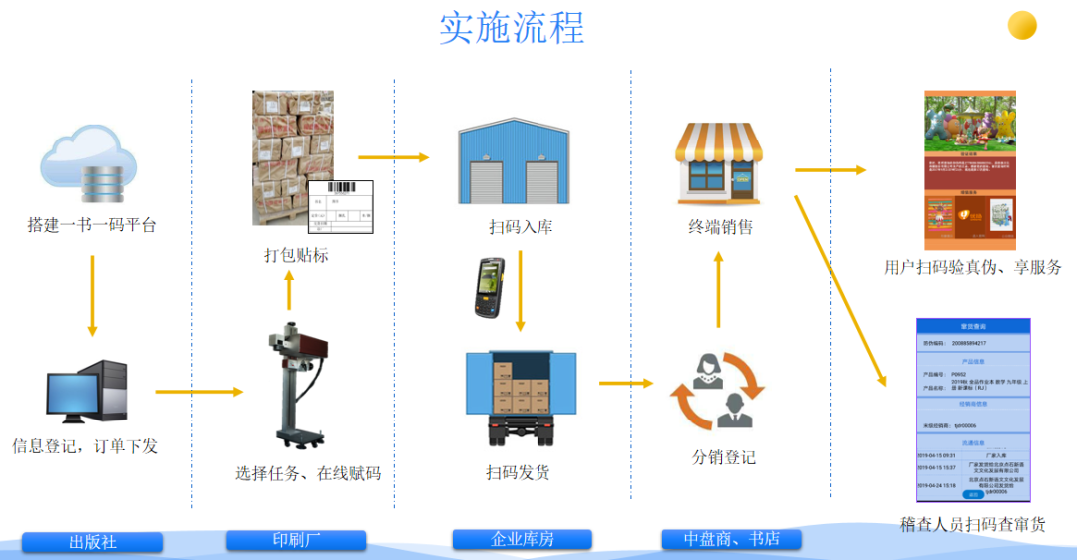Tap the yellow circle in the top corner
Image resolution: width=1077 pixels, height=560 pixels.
click(x=1022, y=25)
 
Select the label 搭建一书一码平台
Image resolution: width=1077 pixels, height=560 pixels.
click(x=92, y=226)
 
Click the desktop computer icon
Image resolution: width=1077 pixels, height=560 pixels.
click(x=87, y=391)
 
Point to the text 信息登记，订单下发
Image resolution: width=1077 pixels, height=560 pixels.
click(x=85, y=446)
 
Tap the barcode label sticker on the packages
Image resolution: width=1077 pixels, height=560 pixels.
click(x=340, y=207)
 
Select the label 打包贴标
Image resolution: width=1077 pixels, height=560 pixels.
click(x=296, y=256)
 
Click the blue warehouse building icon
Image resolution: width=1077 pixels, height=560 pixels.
click(x=514, y=164)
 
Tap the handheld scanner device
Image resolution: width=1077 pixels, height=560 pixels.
click(x=489, y=287)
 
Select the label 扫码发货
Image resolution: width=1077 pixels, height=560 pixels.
click(x=518, y=472)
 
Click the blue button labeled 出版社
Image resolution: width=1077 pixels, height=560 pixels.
click(x=93, y=543)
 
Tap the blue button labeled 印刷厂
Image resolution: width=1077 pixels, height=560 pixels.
click(x=296, y=540)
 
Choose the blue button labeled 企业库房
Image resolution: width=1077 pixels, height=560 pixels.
click(x=523, y=540)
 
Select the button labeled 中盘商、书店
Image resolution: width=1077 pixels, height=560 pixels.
click(x=731, y=540)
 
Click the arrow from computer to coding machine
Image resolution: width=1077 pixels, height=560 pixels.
click(x=198, y=392)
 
